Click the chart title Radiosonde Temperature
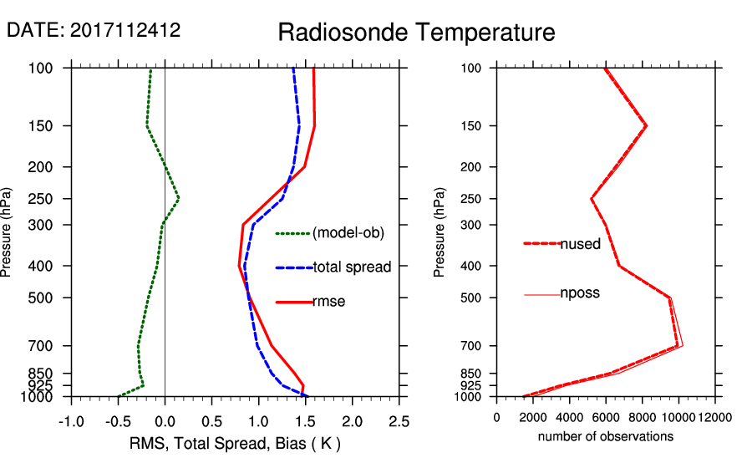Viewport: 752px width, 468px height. point(416,33)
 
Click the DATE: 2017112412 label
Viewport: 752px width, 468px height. point(94,30)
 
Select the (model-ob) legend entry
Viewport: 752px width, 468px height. point(348,234)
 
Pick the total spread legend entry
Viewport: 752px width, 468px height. point(352,267)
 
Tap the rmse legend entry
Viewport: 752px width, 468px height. point(328,302)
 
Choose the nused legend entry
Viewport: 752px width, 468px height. point(580,244)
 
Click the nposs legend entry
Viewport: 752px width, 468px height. point(580,293)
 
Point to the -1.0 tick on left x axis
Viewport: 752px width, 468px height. point(71,420)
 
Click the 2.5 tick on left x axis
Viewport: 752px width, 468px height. point(399,420)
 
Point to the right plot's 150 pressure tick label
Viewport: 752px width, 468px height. point(472,126)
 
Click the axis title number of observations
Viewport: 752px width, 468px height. point(606,436)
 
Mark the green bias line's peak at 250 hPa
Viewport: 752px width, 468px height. point(178,199)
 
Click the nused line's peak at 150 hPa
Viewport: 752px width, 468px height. point(646,125)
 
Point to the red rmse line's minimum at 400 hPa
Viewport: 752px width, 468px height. point(240,266)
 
